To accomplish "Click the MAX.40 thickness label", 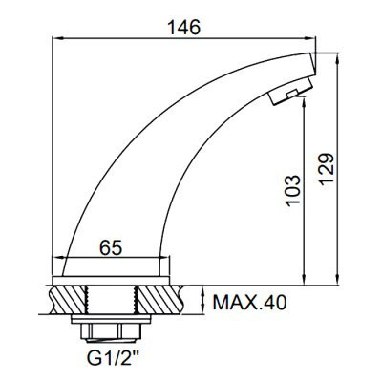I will pyautogui.click(x=249, y=304).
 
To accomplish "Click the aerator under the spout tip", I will pyautogui.click(x=287, y=93).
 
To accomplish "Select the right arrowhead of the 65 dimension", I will pyautogui.click(x=165, y=258).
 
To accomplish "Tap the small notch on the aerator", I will pyautogui.click(x=295, y=92).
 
